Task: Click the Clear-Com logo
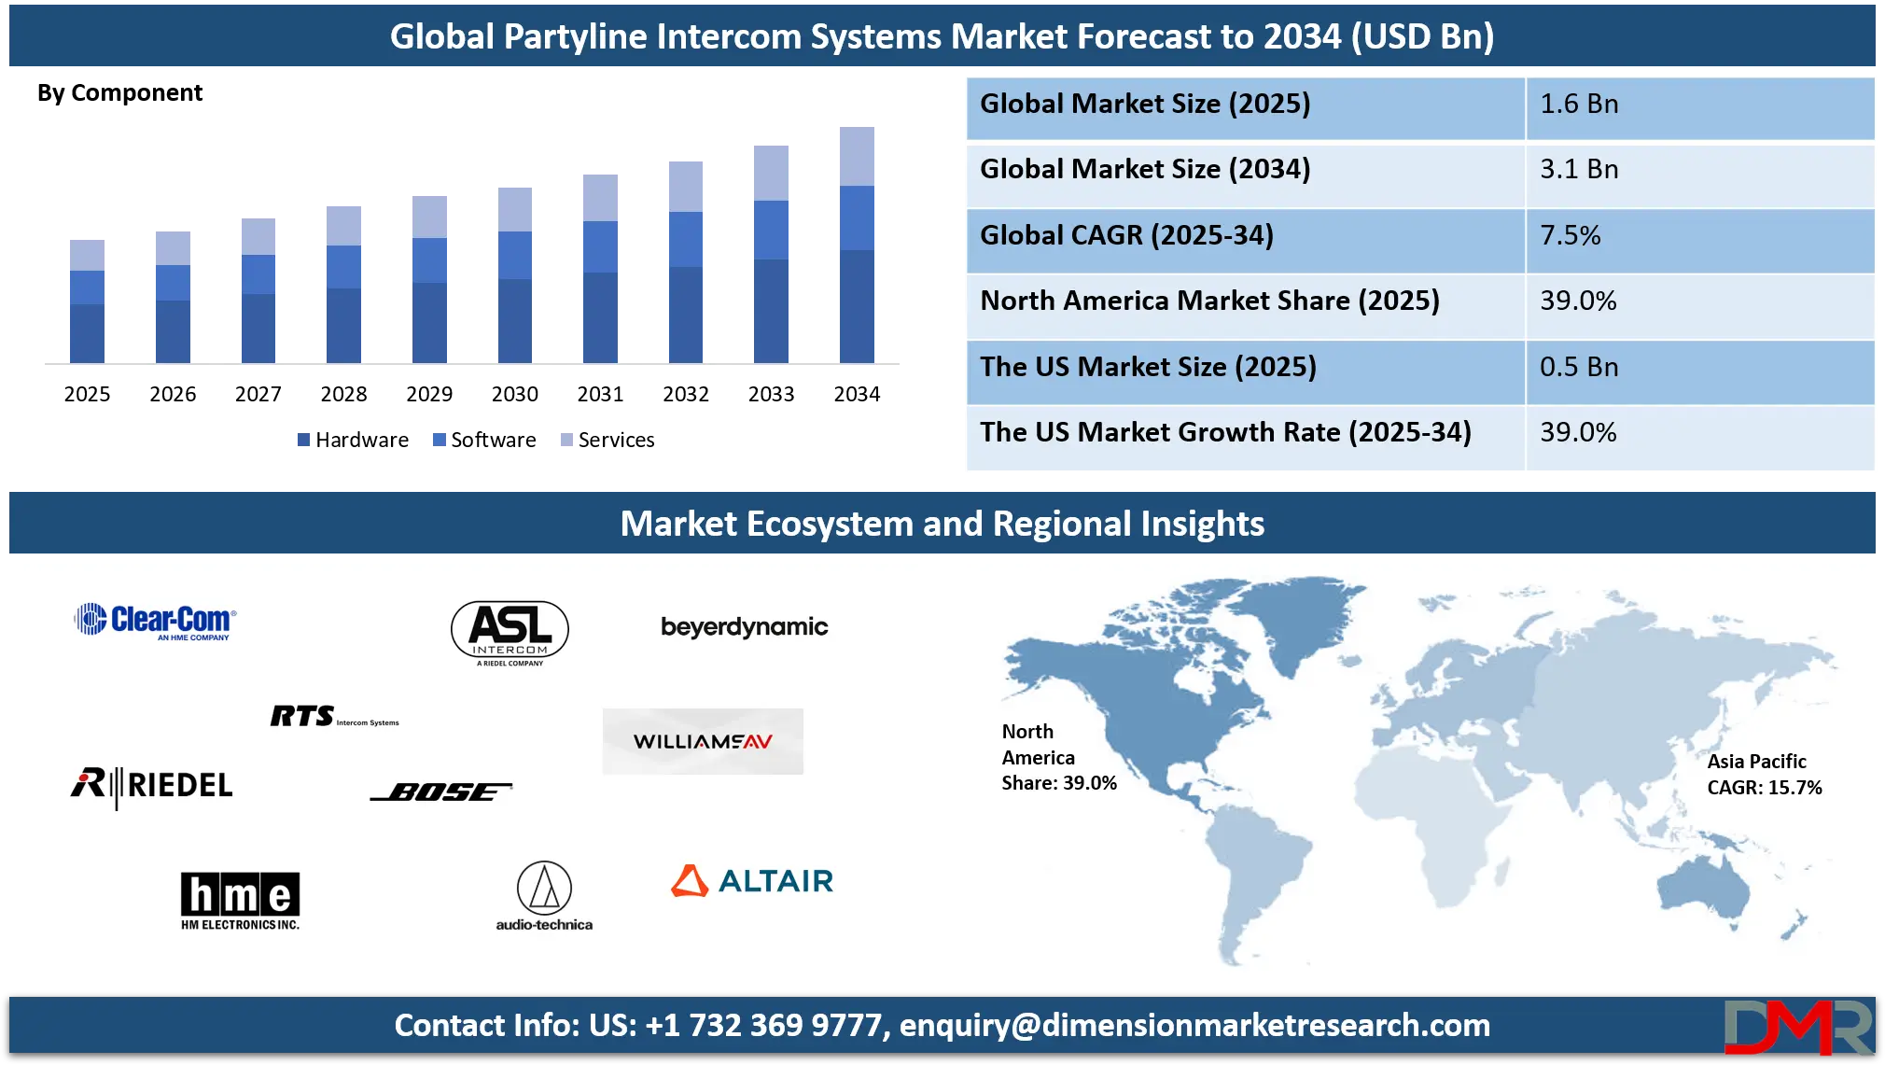click(156, 621)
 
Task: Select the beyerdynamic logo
click(744, 627)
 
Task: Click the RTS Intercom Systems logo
click(333, 716)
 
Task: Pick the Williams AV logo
click(703, 741)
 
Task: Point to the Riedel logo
click(152, 785)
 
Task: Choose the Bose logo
click(441, 792)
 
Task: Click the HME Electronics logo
click(240, 900)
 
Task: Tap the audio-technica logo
click(544, 896)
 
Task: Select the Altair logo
click(752, 881)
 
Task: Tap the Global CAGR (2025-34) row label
click(1126, 235)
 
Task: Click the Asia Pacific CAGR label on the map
click(1764, 775)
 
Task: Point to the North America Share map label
click(1058, 757)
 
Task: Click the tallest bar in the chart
click(858, 245)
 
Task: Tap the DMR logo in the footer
click(1797, 1027)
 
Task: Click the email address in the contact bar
click(1194, 1026)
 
